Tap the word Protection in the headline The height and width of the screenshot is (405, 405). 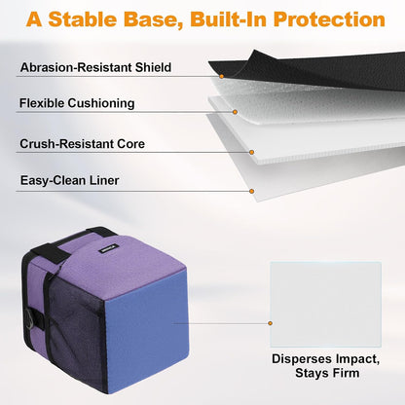click(x=329, y=19)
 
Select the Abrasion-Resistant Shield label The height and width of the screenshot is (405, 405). click(x=95, y=67)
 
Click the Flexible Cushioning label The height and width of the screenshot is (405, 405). click(x=77, y=103)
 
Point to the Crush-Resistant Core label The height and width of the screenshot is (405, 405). click(x=83, y=144)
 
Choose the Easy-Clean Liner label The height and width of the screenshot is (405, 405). click(x=70, y=180)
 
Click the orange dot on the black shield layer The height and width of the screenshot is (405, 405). click(x=222, y=76)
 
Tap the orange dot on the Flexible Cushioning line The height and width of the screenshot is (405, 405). click(x=235, y=112)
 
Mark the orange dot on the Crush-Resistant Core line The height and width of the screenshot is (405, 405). click(x=251, y=152)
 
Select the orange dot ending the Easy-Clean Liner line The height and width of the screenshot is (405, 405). click(x=251, y=191)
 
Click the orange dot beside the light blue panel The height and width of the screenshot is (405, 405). click(x=270, y=323)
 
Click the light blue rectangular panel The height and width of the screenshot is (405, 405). click(x=325, y=305)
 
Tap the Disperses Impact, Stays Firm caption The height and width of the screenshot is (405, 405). click(x=326, y=366)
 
